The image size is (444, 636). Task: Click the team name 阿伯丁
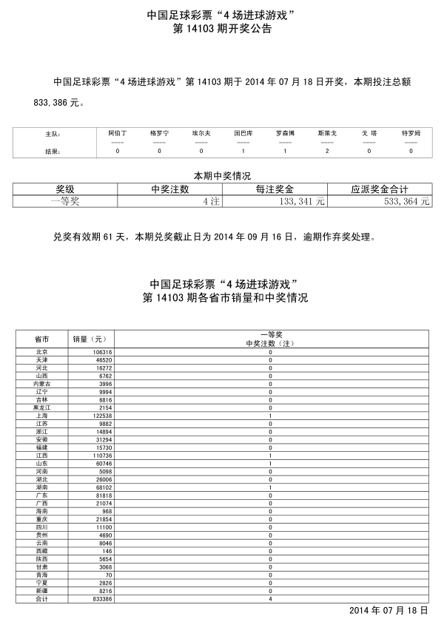(118, 133)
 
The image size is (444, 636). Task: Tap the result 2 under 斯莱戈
(326, 151)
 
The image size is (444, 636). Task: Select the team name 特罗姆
(411, 133)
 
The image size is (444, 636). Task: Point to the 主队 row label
(53, 134)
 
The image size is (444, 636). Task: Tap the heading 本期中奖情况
(222, 176)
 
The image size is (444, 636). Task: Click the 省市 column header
(41, 339)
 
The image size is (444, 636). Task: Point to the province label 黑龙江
(41, 407)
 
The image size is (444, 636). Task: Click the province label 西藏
(41, 552)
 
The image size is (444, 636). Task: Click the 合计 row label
(41, 600)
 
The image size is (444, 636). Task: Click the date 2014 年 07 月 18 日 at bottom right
(388, 611)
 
